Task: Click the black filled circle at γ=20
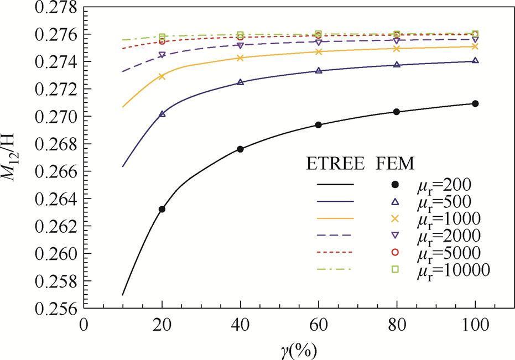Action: (162, 209)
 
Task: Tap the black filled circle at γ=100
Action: (475, 103)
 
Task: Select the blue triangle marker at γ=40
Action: (240, 82)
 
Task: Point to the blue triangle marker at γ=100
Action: (475, 61)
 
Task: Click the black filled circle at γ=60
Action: (319, 125)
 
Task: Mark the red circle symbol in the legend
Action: (396, 253)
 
